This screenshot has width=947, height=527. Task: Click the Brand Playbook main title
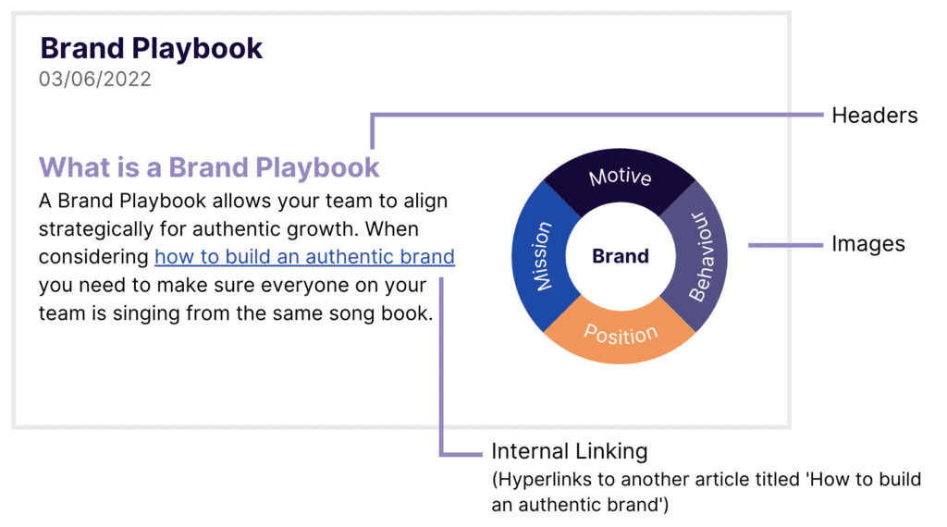click(x=151, y=48)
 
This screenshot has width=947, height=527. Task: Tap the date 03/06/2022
click(x=94, y=80)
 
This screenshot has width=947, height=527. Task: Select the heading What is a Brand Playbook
click(x=209, y=167)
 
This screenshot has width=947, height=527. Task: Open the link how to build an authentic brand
click(x=304, y=256)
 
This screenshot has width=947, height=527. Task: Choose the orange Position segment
click(x=621, y=335)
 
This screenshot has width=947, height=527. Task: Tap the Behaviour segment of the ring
click(x=699, y=256)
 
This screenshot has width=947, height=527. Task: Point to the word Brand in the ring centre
click(x=621, y=256)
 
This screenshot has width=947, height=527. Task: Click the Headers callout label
click(x=874, y=116)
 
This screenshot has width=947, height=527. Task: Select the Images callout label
click(x=867, y=245)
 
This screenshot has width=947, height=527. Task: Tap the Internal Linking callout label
click(x=569, y=452)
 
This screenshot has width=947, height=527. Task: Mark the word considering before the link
click(x=93, y=256)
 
